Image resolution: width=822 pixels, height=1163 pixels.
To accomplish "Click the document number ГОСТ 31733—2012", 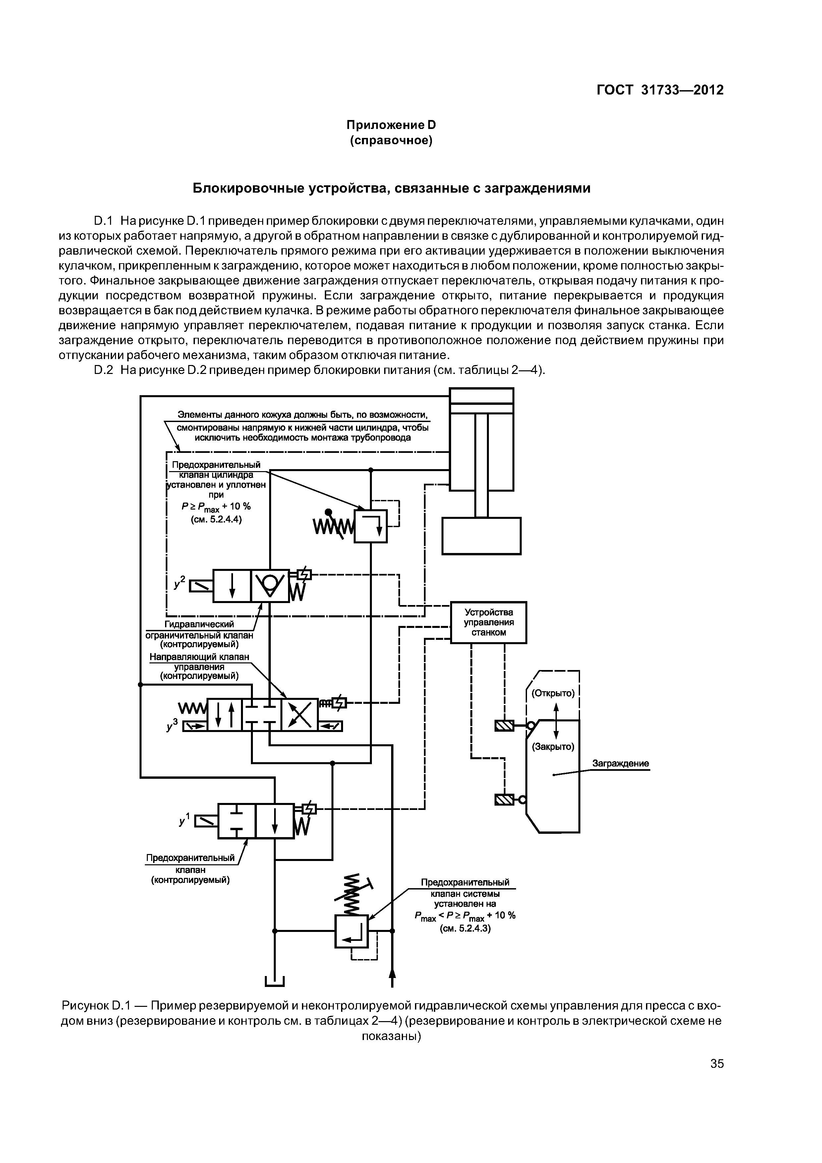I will [x=660, y=90].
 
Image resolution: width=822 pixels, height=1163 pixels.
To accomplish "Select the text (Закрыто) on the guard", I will [x=553, y=747].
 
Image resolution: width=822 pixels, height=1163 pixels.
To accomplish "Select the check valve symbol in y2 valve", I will [x=270, y=585].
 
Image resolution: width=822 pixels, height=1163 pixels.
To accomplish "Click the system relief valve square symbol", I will [x=351, y=931].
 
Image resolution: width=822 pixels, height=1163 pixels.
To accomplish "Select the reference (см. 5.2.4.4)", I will [x=216, y=519].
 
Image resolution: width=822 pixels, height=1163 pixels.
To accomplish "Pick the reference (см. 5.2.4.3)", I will [x=465, y=929].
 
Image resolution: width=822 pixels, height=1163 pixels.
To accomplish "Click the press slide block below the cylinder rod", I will [x=481, y=536].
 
